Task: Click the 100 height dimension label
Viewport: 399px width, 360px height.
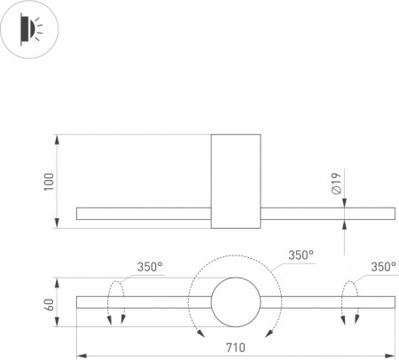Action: tap(49, 182)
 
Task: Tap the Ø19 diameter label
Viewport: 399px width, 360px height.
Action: tap(336, 184)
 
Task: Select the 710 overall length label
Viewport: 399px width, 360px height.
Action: tap(236, 348)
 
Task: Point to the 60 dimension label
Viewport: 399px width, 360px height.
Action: tap(49, 305)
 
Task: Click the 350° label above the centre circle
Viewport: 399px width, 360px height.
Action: tap(301, 254)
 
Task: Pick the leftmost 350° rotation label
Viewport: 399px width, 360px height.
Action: tap(150, 267)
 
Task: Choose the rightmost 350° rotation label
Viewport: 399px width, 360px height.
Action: tap(383, 267)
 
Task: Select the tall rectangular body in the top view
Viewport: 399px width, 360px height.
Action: tap(236, 181)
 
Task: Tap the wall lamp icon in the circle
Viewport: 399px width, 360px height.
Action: tap(29, 29)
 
